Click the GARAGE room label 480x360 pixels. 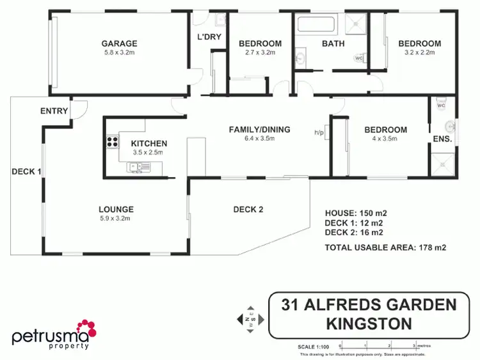(119, 43)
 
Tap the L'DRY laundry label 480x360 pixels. (209, 37)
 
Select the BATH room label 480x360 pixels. (333, 43)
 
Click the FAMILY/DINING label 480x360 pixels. (259, 130)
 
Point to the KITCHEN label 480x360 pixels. (149, 143)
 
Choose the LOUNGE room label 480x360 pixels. (116, 209)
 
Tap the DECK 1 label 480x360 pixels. (26, 171)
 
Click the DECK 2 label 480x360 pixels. (248, 209)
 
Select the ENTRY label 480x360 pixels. (54, 111)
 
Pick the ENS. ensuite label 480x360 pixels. (443, 139)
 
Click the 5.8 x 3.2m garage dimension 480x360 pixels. (119, 52)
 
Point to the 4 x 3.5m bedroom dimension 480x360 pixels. (389, 138)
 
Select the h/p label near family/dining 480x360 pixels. (318, 132)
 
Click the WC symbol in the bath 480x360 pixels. (358, 58)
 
